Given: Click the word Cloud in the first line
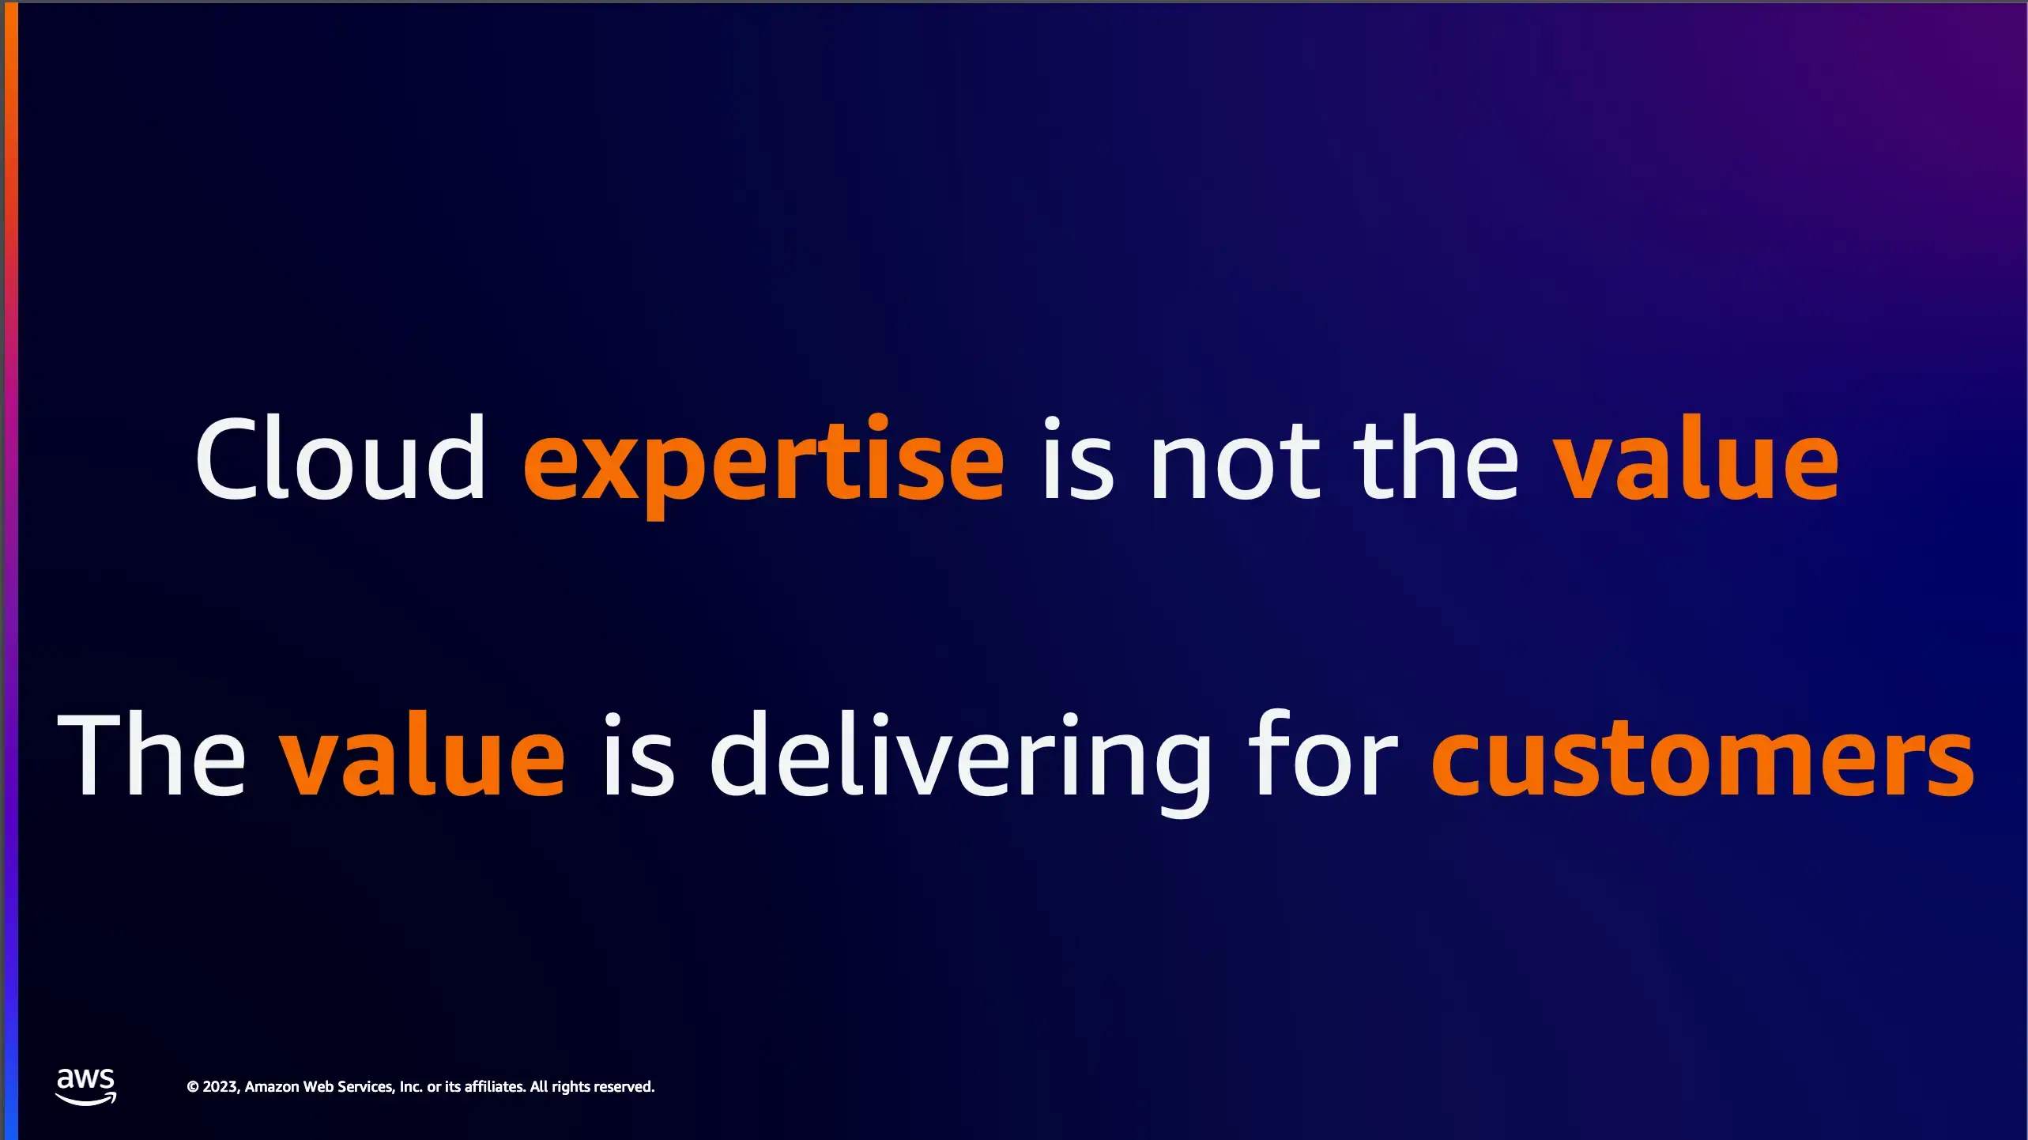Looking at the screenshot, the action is (341, 458).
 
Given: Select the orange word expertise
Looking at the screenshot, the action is (764, 466).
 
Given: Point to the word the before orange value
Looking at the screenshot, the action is (1436, 458).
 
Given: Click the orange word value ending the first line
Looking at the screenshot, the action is (1696, 458).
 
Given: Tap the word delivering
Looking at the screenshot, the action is (960, 762).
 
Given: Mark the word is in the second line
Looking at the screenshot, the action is (639, 754).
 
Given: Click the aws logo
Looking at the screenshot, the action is (85, 1086).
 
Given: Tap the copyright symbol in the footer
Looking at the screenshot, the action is (193, 1087).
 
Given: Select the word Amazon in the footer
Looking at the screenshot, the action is (272, 1087).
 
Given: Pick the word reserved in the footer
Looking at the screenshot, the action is (624, 1086).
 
